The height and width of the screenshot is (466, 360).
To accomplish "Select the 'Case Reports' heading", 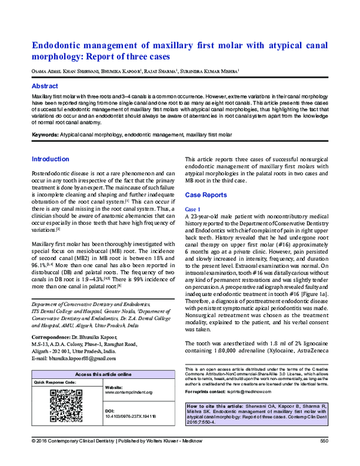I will tap(206, 196).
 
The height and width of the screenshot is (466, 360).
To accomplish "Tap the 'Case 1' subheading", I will tap(195, 208).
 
